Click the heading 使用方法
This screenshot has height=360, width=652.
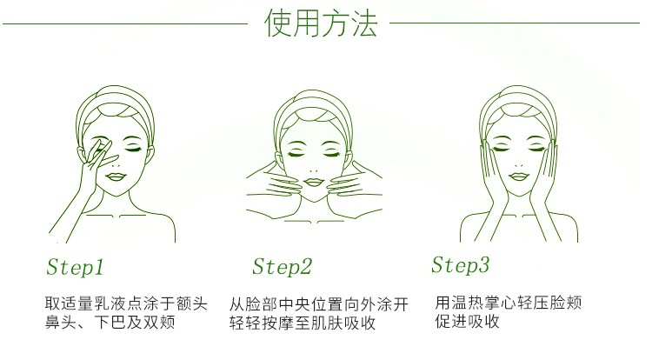[x=321, y=23]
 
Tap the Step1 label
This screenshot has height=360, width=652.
[x=75, y=267]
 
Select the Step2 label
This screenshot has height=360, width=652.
[x=282, y=266]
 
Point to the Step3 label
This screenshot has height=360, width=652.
[x=460, y=265]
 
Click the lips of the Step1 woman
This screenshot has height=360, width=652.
[x=116, y=177]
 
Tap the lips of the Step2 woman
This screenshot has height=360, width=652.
[x=314, y=182]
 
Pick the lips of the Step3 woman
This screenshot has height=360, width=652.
[x=518, y=177]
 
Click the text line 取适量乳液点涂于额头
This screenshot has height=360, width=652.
[x=126, y=303]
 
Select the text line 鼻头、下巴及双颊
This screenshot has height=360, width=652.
[x=110, y=322]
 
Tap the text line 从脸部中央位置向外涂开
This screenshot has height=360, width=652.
[x=319, y=304]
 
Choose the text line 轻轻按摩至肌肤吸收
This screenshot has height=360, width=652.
[x=303, y=323]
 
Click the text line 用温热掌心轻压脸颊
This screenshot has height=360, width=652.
[x=509, y=303]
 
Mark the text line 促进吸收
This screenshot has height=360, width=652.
[x=467, y=322]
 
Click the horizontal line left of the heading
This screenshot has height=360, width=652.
[x=125, y=23]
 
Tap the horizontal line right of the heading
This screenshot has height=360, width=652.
[x=515, y=23]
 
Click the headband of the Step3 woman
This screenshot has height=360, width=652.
[x=518, y=97]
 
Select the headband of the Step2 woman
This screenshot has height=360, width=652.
[x=313, y=101]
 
